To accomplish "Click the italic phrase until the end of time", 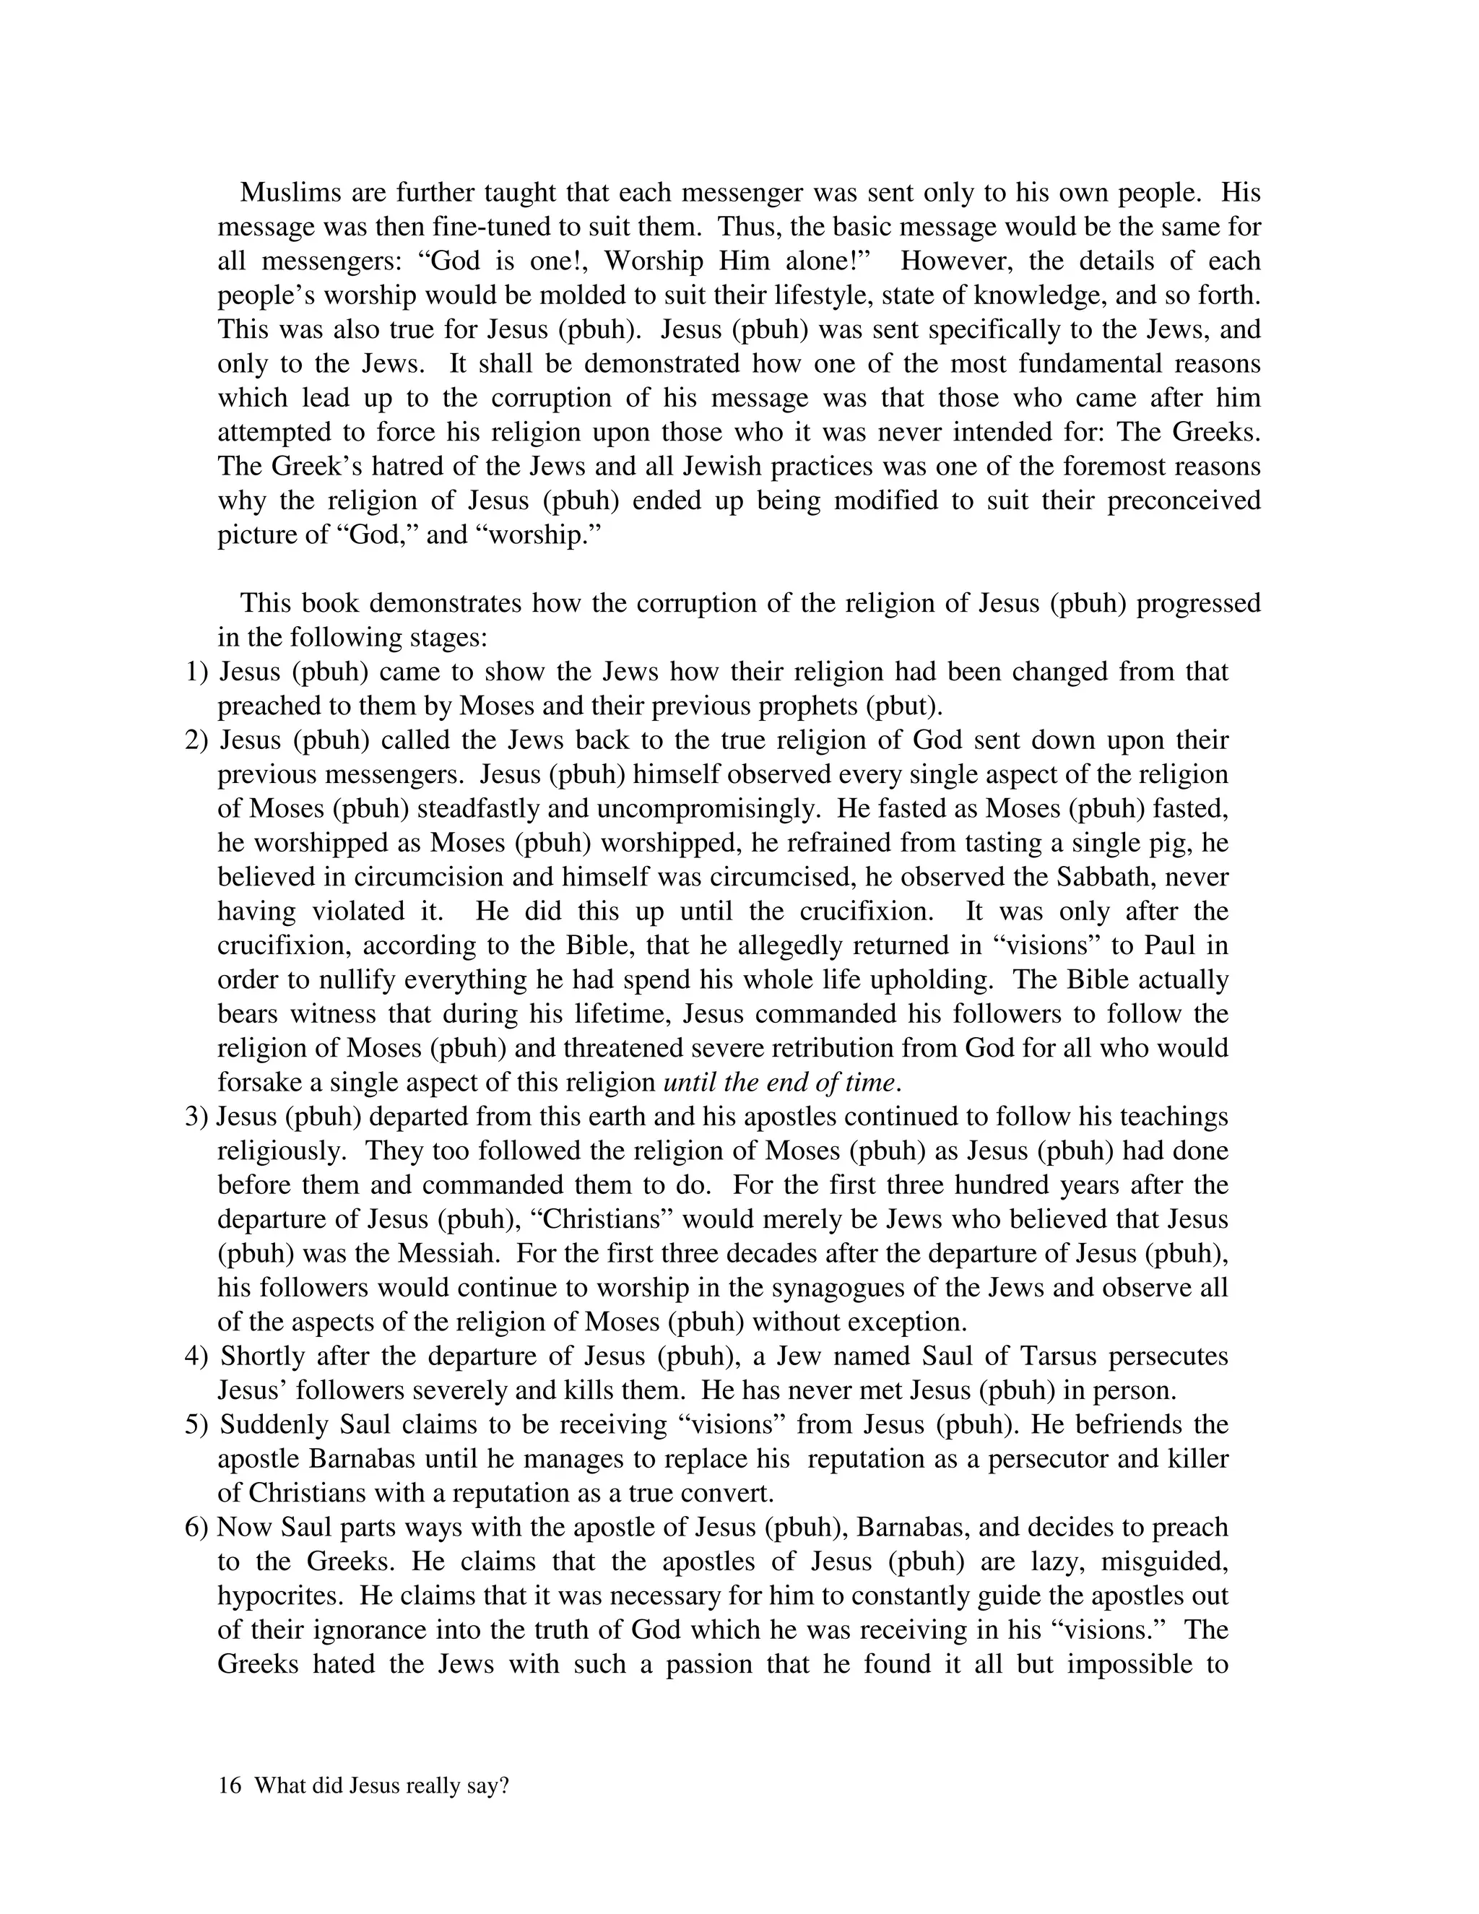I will point(781,1083).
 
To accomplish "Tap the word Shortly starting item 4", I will point(262,1356).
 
